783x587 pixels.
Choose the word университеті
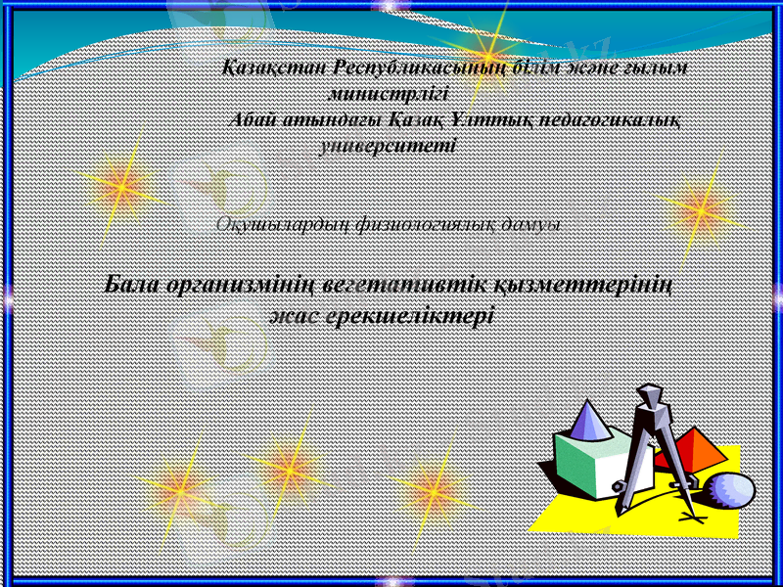click(388, 146)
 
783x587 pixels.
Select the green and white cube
click(587, 465)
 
